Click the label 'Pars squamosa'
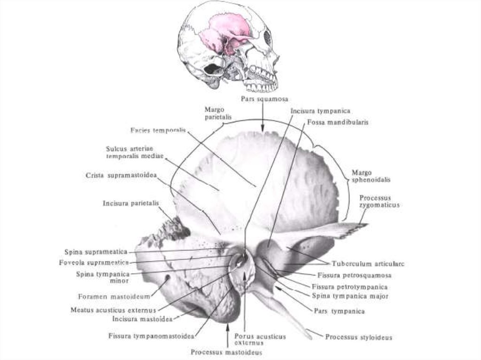[x=264, y=99]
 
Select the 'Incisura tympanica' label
[x=320, y=111]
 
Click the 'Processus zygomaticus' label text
[x=379, y=201]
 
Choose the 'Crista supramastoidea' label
[x=121, y=175]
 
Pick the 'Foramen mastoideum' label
[x=114, y=296]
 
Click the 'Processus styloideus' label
[x=358, y=337]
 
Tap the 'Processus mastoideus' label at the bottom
[x=226, y=352]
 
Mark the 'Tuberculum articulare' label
[x=368, y=264]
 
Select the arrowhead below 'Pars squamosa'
[x=263, y=128]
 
